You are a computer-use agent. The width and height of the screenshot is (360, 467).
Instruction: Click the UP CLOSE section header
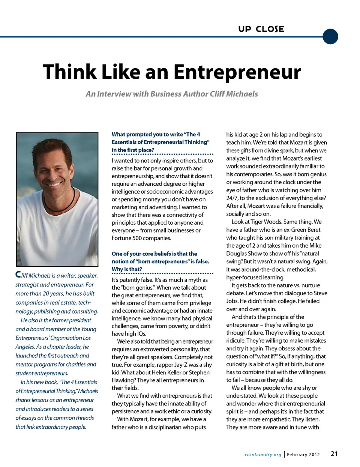(261, 29)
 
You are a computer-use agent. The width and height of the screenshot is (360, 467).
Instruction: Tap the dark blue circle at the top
(330, 36)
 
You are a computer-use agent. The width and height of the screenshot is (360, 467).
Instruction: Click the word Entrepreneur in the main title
(237, 72)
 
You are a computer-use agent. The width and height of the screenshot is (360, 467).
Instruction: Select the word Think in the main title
(69, 72)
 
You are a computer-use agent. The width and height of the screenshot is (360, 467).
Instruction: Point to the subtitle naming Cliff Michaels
(172, 94)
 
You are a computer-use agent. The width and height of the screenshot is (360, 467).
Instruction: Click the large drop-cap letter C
(18, 275)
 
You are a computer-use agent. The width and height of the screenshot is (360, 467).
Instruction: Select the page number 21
(334, 454)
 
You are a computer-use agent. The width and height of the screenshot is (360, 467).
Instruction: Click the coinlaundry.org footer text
(262, 455)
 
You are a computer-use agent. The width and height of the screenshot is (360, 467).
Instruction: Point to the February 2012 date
(303, 455)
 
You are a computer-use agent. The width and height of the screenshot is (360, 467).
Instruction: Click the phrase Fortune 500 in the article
(128, 238)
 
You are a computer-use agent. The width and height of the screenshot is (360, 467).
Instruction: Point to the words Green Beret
(304, 230)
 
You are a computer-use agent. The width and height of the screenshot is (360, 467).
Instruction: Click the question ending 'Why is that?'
(127, 269)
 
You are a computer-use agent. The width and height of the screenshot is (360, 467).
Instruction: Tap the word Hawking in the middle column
(123, 380)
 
